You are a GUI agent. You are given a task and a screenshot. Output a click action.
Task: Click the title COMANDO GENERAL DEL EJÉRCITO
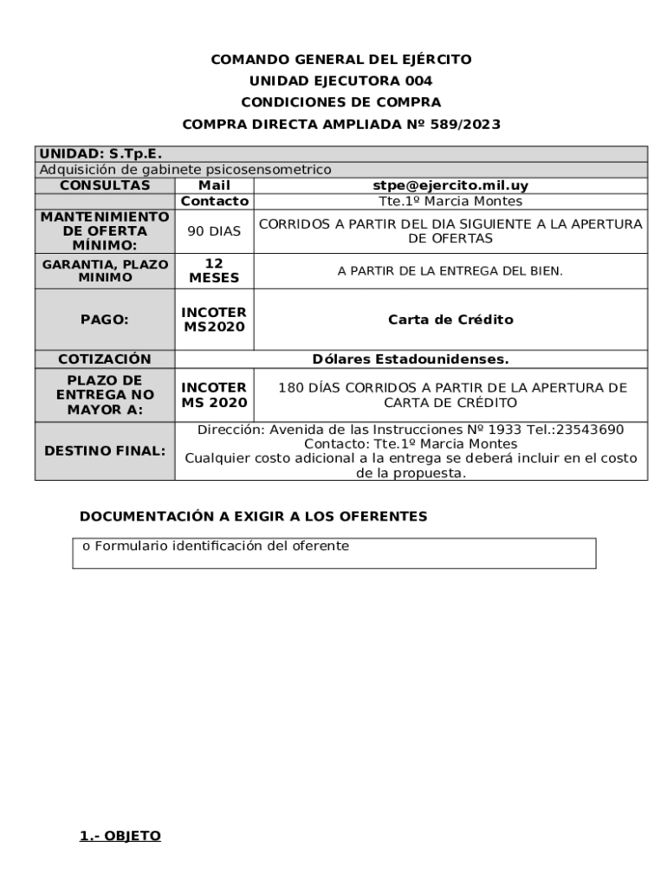341,60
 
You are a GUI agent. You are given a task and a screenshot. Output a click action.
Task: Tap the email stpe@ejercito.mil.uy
450,185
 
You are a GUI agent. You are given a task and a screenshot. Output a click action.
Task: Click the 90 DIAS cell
214,232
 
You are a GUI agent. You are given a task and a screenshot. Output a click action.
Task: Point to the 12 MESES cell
214,271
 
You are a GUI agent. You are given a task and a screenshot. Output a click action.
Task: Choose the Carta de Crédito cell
450,320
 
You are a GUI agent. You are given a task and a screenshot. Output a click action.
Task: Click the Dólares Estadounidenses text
411,359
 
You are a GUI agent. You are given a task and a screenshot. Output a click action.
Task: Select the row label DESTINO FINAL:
105,451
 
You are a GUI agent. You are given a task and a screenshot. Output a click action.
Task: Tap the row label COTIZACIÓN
105,359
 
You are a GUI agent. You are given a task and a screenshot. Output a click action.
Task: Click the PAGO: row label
105,320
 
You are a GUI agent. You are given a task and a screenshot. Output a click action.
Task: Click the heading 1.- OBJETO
120,836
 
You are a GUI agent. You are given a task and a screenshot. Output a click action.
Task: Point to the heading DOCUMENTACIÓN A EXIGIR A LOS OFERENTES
254,516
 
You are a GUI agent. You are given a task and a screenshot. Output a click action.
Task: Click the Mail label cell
214,185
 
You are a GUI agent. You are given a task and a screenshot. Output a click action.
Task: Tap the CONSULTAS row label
105,185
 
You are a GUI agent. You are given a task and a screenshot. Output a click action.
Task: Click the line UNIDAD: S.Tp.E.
101,154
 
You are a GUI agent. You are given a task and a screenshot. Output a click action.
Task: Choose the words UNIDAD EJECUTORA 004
341,81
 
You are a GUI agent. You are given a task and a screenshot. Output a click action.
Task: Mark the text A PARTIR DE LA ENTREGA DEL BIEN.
450,271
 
